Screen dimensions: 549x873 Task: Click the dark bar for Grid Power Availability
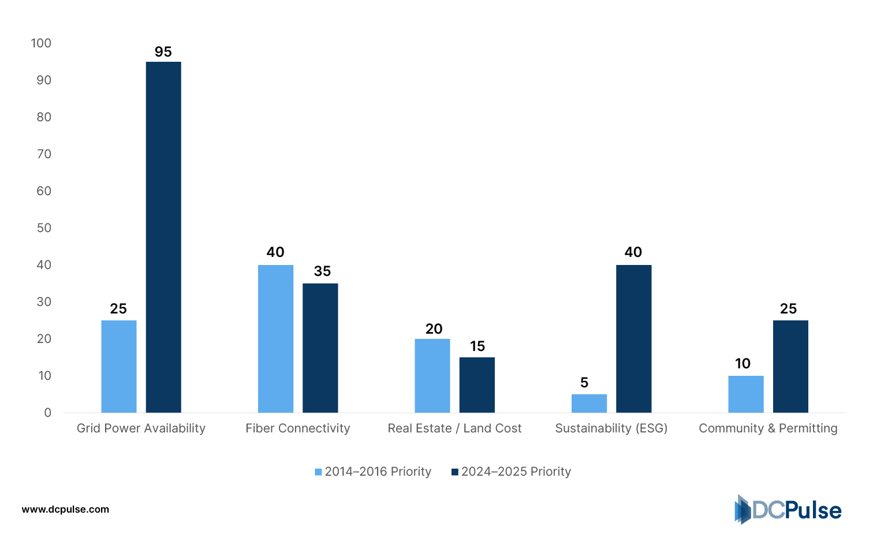click(163, 237)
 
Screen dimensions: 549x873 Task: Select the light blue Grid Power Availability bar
click(119, 367)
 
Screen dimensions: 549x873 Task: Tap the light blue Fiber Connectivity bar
click(275, 339)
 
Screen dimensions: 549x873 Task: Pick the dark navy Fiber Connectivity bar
click(320, 348)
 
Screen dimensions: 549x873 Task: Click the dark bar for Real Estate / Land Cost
click(477, 385)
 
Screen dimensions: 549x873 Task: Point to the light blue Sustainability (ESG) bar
click(589, 404)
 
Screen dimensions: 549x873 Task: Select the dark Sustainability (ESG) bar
click(633, 339)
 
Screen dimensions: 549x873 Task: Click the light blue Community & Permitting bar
click(745, 394)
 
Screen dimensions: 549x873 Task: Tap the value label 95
click(163, 52)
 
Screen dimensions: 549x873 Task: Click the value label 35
click(322, 271)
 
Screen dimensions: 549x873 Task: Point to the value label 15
click(477, 346)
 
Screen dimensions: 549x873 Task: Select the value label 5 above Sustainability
click(584, 383)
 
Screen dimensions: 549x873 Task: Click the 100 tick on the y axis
click(41, 43)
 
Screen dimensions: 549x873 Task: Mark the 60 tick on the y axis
click(44, 191)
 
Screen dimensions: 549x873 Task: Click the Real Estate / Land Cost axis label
click(454, 428)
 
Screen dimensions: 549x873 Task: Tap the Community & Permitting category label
click(768, 428)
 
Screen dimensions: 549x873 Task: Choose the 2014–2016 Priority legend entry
click(373, 472)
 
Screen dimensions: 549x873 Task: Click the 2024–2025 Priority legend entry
click(511, 472)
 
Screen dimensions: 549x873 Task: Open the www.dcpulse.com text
click(65, 509)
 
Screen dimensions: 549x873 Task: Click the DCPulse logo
click(788, 510)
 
